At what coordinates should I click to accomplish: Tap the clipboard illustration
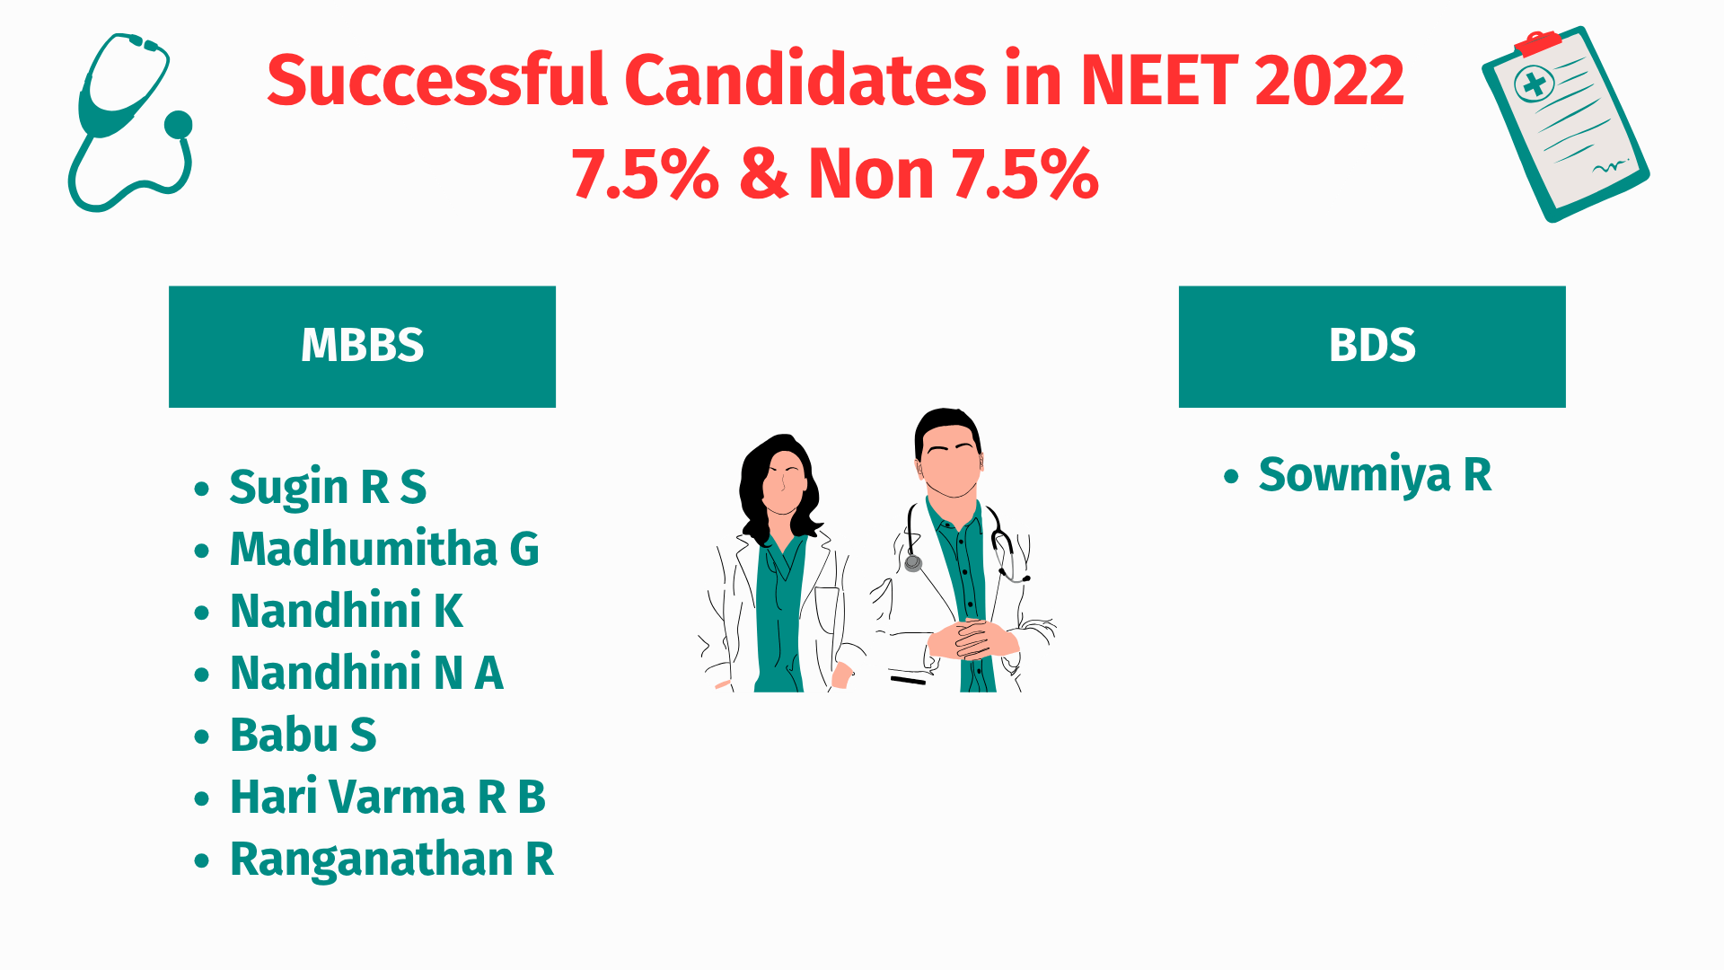click(1565, 124)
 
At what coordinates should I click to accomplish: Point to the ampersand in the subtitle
click(764, 173)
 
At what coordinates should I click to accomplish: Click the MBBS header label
click(362, 345)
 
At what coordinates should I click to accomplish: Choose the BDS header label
click(1372, 345)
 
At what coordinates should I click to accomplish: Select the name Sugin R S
click(328, 488)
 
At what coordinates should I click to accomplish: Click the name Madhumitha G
click(384, 549)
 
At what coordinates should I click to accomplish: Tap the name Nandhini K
click(347, 611)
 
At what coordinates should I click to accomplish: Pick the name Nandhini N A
click(366, 673)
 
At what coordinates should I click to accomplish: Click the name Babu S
click(303, 735)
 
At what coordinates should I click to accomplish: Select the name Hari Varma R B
click(388, 797)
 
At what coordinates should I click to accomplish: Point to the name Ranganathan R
click(392, 860)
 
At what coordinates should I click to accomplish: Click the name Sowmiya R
click(1375, 475)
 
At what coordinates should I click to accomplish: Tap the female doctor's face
click(784, 482)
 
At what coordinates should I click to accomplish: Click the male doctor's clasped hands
click(972, 639)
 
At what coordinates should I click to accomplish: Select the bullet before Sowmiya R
click(1231, 476)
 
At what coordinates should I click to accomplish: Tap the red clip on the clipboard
click(1537, 43)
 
